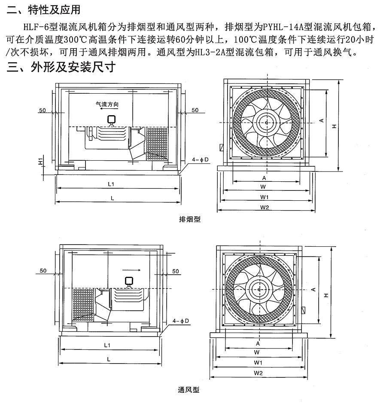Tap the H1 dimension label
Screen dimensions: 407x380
(x=40, y=162)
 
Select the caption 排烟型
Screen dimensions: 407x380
(x=189, y=219)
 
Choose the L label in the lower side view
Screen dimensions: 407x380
(x=108, y=358)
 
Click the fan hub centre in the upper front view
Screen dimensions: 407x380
(x=266, y=123)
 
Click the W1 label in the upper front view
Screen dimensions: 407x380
(x=264, y=197)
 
